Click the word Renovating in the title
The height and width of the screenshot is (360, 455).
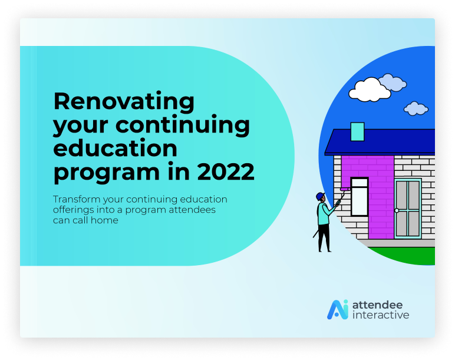pos(124,102)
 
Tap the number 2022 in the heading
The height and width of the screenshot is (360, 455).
pos(226,171)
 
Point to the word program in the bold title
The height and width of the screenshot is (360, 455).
pos(107,173)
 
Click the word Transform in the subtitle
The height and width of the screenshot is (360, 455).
pos(76,199)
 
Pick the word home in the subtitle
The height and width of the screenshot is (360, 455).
pos(104,220)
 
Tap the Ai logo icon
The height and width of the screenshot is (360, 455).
pos(338,309)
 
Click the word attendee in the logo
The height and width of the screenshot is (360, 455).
pos(378,305)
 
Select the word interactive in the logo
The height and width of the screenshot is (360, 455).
pos(381,315)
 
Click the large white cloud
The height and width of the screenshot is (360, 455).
pos(370,90)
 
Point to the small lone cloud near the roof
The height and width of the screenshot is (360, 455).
pos(416,108)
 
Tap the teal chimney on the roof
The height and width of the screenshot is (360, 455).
pos(357,132)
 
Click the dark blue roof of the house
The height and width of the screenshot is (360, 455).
pos(380,142)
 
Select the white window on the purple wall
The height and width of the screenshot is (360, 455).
pos(360,197)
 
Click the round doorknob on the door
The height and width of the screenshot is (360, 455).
pos(397,210)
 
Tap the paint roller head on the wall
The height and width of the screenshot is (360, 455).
pos(345,189)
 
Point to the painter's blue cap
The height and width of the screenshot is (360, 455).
pos(320,196)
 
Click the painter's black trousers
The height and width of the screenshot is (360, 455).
pos(324,237)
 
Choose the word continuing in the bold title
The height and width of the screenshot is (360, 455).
pos(183,125)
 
